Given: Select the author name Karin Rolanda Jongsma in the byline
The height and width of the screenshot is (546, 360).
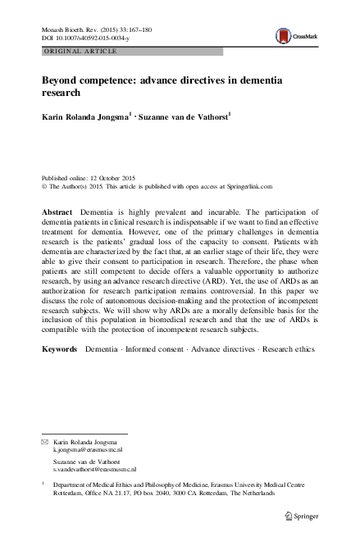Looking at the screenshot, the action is pyautogui.click(x=84, y=118).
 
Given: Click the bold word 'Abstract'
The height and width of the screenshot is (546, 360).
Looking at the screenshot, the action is pyautogui.click(x=57, y=212).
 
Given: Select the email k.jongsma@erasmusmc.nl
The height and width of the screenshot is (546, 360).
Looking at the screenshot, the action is pyautogui.click(x=88, y=450).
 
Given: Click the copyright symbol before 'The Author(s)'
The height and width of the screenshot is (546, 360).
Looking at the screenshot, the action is pyautogui.click(x=44, y=185).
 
